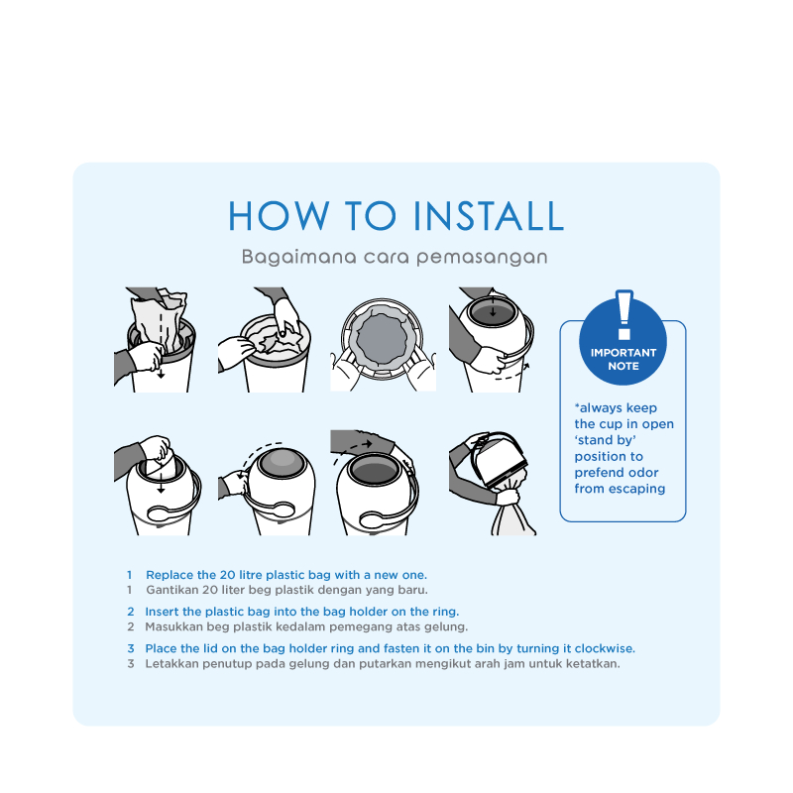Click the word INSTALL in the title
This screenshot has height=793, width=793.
coord(489,216)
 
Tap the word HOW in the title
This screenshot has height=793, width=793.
coord(280,216)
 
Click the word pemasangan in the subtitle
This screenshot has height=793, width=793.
coord(482,258)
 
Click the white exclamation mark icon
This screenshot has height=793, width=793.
coord(624,315)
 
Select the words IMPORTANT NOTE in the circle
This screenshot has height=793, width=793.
coord(623,359)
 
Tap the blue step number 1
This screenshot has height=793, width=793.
coord(130,575)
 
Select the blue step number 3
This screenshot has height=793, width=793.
coord(131,648)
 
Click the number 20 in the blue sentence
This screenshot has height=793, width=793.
coord(227,575)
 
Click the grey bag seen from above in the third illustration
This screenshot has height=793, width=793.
coord(383,337)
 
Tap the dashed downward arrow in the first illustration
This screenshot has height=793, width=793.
coord(161,344)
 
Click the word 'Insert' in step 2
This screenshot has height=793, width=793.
coord(162,612)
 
